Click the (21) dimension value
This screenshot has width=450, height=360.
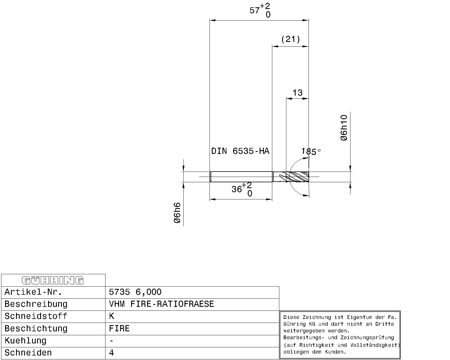point(291,39)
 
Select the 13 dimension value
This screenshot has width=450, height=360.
point(297,93)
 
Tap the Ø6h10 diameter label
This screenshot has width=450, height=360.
point(344,128)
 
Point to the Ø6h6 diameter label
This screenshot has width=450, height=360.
point(177,213)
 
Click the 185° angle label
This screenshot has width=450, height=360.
point(311,151)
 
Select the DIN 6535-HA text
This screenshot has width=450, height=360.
point(240,151)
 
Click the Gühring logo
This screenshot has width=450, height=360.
point(53,280)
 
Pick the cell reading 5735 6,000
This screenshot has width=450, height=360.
point(135,292)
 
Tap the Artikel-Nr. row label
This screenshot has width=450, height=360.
point(33,292)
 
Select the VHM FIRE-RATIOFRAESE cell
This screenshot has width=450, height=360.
point(161,304)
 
